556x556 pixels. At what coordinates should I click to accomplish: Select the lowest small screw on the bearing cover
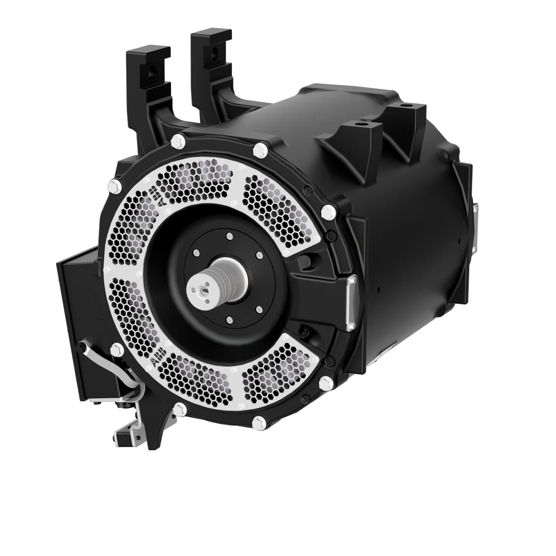pyautogui.click(x=229, y=319)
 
